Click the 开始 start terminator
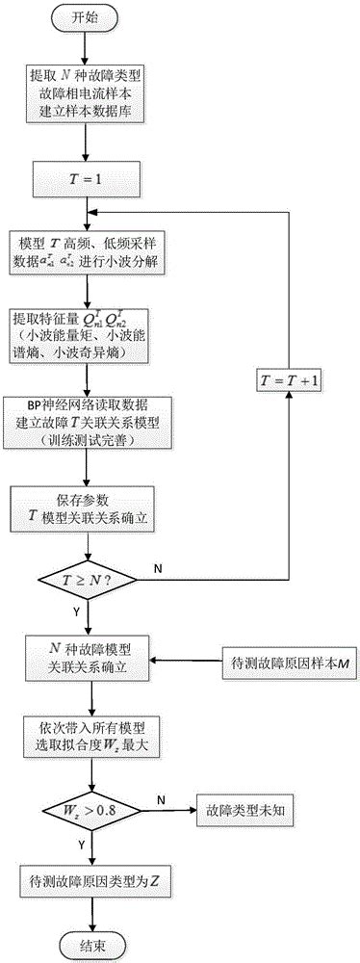pyautogui.click(x=88, y=17)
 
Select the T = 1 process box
pyautogui.click(x=88, y=176)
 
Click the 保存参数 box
pyautogui.click(x=88, y=507)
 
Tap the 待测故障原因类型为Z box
pyautogui.click(x=88, y=876)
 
